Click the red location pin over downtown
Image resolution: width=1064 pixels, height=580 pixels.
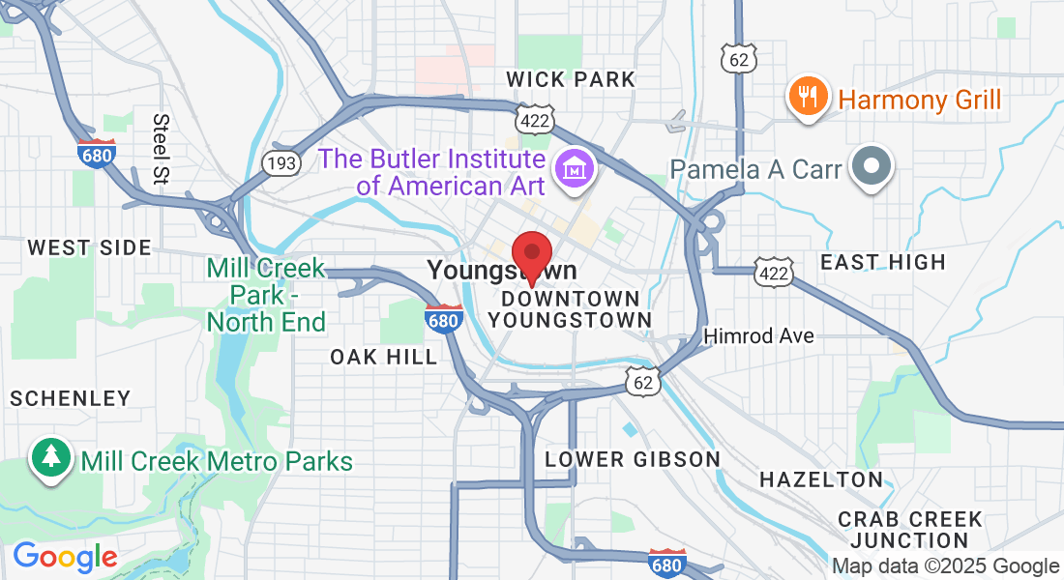click(531, 255)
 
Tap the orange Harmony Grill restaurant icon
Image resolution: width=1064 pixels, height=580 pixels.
click(807, 97)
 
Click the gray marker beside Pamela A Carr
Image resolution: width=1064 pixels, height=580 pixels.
click(872, 167)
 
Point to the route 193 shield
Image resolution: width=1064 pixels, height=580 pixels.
click(281, 162)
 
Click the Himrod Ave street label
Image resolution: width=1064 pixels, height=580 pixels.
click(758, 336)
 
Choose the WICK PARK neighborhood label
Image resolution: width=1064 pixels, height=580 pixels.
click(571, 79)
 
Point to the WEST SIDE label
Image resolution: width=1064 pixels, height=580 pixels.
click(89, 248)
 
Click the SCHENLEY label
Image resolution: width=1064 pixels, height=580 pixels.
click(70, 398)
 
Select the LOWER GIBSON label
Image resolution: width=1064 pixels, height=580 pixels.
click(633, 459)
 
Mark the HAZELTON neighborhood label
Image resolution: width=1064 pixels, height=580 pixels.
click(821, 479)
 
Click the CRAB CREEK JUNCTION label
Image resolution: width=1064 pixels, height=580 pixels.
click(909, 530)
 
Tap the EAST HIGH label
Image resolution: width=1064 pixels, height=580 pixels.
click(882, 262)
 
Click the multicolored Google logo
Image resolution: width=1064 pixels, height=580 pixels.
click(65, 557)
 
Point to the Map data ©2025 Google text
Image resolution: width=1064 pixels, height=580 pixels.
click(945, 566)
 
